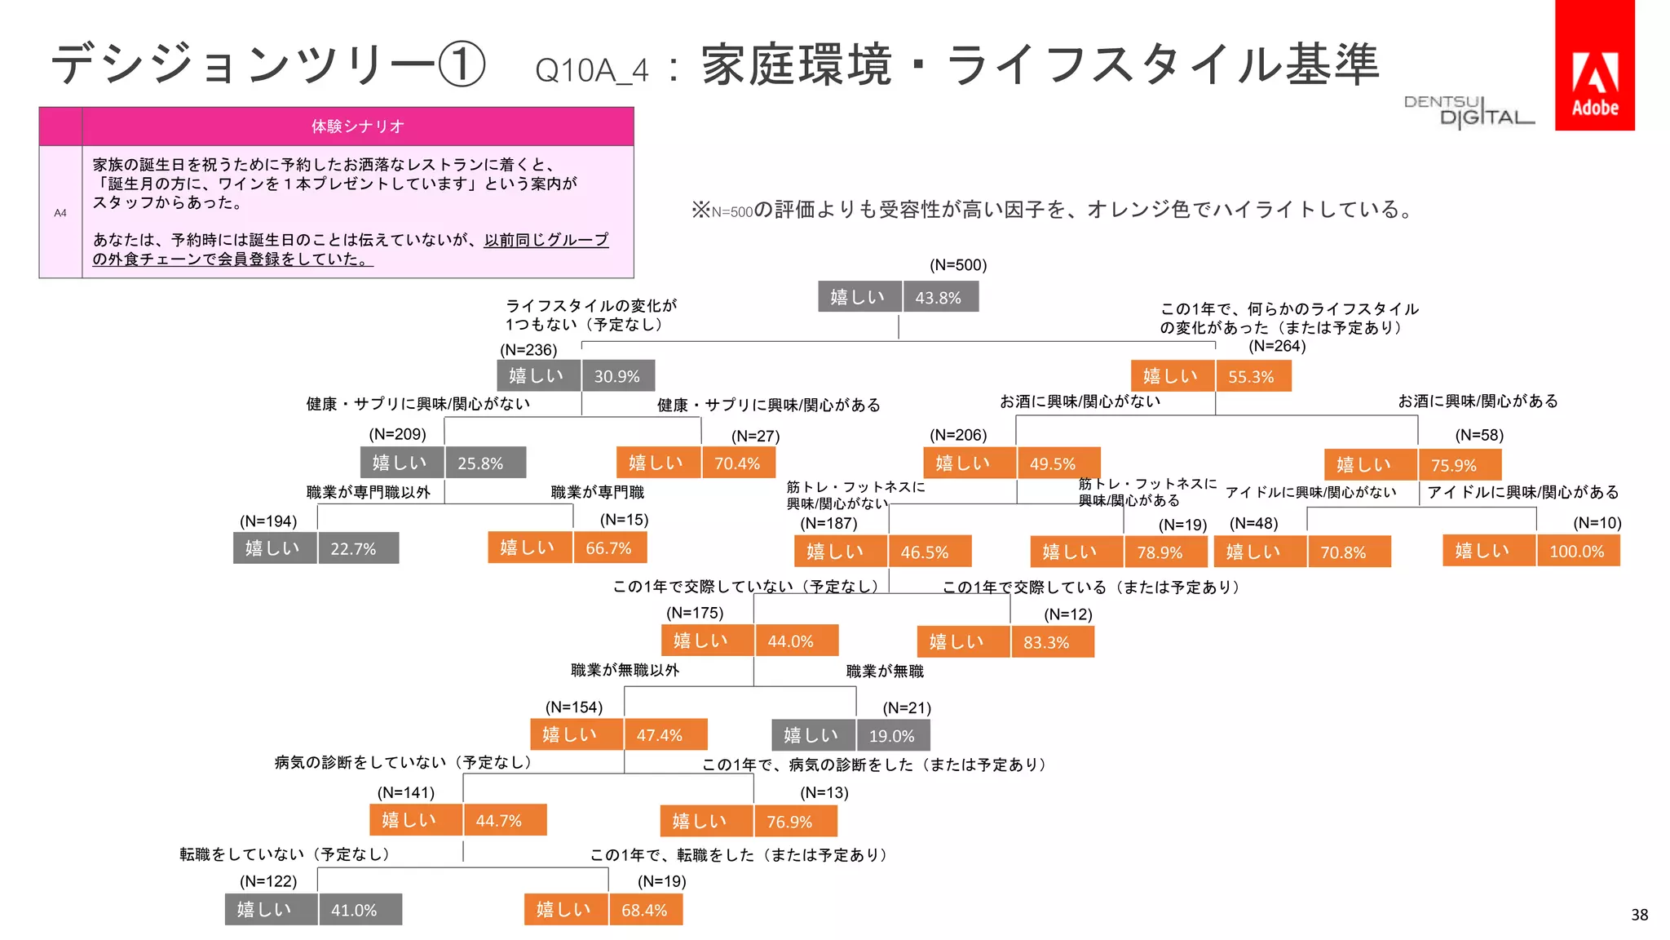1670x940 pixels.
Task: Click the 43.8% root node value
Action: pyautogui.click(x=939, y=297)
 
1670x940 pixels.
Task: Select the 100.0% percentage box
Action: pyautogui.click(x=1577, y=551)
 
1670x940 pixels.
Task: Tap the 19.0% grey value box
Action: pyautogui.click(x=892, y=735)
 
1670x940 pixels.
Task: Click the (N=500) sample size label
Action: pyautogui.click(x=958, y=265)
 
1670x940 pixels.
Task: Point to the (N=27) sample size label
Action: pyautogui.click(x=755, y=436)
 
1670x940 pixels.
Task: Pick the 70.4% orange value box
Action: pyautogui.click(x=738, y=463)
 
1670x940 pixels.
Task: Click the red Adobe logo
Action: pyautogui.click(x=1594, y=65)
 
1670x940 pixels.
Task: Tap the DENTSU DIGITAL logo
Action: pyautogui.click(x=1468, y=112)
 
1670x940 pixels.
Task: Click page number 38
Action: pyautogui.click(x=1639, y=915)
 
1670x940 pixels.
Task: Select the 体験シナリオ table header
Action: pyautogui.click(x=357, y=126)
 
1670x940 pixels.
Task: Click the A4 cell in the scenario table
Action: pyautogui.click(x=60, y=213)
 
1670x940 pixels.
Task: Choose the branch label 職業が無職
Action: pyautogui.click(x=885, y=671)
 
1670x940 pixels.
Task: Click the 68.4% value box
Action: pyautogui.click(x=645, y=910)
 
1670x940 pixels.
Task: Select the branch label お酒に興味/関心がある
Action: pyautogui.click(x=1478, y=401)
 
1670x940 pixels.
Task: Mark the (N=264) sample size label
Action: pyautogui.click(x=1277, y=346)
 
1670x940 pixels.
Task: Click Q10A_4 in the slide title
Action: pyautogui.click(x=591, y=70)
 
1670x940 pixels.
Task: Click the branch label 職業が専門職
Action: pyautogui.click(x=597, y=492)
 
